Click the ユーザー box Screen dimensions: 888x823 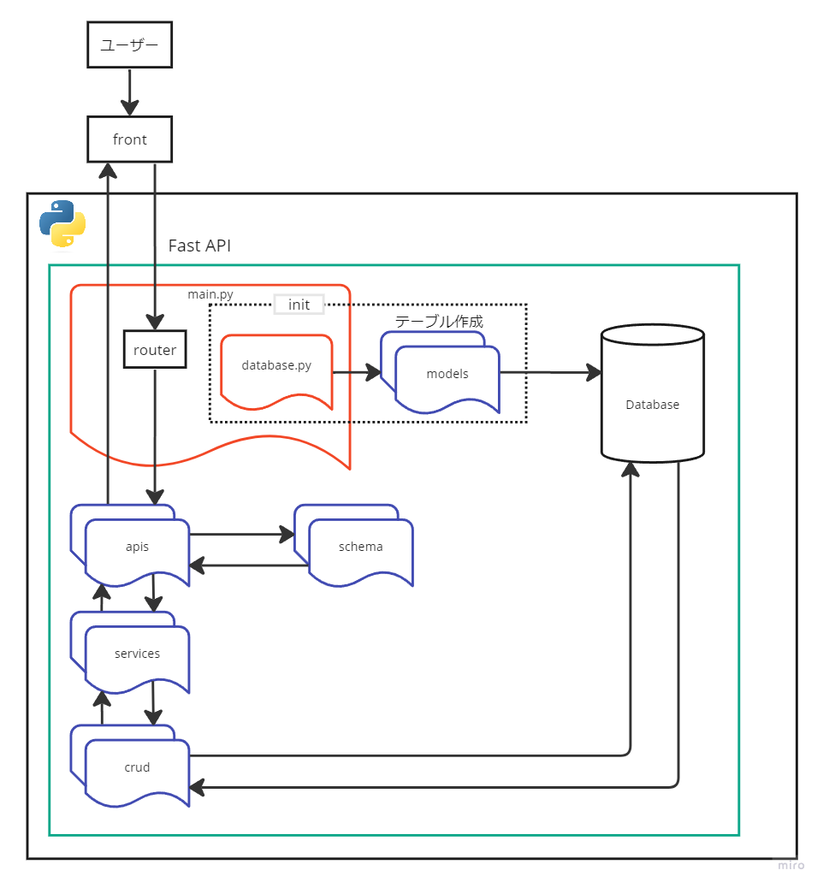pos(130,44)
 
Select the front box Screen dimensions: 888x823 pos(130,139)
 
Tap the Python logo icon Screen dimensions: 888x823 pos(62,223)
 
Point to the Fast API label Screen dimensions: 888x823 pos(199,246)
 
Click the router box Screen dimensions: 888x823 pos(155,350)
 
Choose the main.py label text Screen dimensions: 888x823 pos(210,294)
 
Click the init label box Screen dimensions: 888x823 pos(299,305)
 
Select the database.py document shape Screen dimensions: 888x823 pos(276,366)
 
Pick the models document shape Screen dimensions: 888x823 pos(447,375)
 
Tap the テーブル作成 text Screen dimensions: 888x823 pos(439,322)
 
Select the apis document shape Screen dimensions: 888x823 pos(137,548)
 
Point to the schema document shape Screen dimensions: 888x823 pos(361,548)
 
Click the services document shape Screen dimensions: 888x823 pos(137,654)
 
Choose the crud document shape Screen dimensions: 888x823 pos(137,768)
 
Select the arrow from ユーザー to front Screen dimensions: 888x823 pos(129,92)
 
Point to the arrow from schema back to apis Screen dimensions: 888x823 pos(248,565)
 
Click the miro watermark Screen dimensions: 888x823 pos(790,866)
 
